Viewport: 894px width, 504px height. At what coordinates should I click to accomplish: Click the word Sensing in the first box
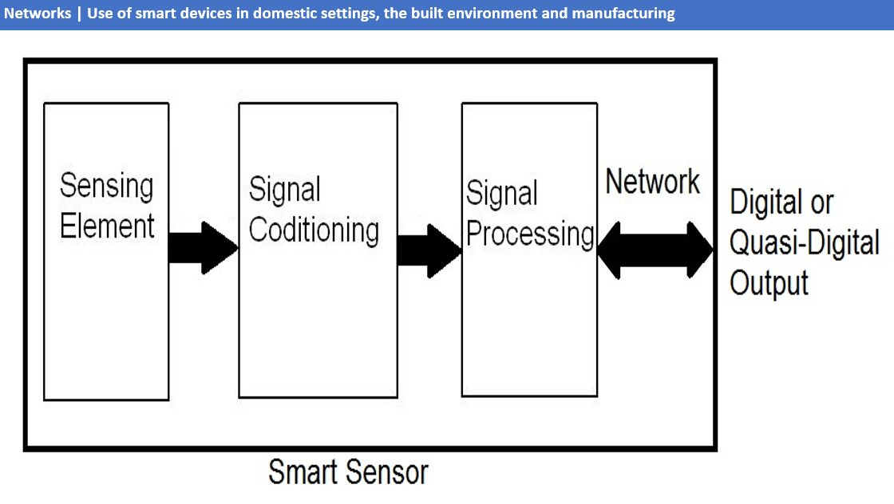(106, 186)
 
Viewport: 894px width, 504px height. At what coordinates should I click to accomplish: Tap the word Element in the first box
(107, 226)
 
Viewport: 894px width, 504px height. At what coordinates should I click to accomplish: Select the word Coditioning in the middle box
(314, 230)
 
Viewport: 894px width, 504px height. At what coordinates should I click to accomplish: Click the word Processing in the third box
(530, 234)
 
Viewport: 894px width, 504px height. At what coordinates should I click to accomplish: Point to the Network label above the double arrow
(652, 182)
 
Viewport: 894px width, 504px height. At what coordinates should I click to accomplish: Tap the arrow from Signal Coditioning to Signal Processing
(429, 250)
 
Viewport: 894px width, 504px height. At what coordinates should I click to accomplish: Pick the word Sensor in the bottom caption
(389, 472)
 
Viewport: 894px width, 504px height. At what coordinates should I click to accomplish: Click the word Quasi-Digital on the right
(805, 243)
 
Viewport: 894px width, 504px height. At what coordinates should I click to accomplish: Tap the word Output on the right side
(769, 283)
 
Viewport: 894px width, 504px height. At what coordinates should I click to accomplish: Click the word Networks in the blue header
(37, 14)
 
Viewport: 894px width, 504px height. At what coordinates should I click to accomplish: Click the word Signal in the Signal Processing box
(501, 194)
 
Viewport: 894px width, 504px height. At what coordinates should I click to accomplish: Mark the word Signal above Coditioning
(285, 190)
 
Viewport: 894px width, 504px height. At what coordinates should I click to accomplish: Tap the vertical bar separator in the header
(78, 14)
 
